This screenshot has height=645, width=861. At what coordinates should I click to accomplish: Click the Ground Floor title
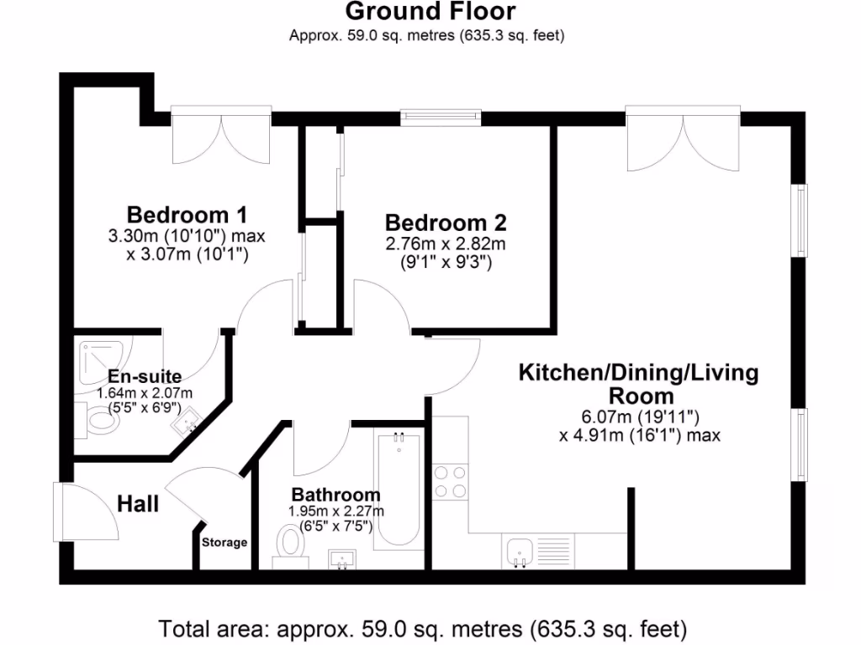point(430,12)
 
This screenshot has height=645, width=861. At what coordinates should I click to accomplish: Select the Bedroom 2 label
point(446,223)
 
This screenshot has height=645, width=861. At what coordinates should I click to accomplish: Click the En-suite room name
point(144,377)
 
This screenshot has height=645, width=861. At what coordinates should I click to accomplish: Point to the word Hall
point(138,504)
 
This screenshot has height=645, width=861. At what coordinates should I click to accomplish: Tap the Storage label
point(224,543)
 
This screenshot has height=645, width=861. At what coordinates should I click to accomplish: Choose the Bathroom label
point(335,495)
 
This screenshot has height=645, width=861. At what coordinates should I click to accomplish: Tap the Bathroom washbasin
point(343,558)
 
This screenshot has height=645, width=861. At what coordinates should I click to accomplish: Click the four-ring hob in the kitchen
point(450,482)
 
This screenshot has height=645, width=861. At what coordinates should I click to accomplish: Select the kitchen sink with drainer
point(537,552)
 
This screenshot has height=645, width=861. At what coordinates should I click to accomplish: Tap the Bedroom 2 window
point(441,117)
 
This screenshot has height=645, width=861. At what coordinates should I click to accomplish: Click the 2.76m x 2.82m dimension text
point(445,244)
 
